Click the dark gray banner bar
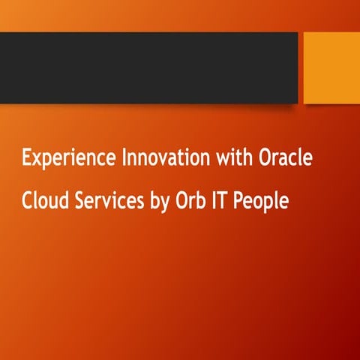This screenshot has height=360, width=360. tap(150, 68)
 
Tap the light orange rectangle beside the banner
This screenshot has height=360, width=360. tap(331, 68)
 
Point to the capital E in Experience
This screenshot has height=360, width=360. tap(26, 159)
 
